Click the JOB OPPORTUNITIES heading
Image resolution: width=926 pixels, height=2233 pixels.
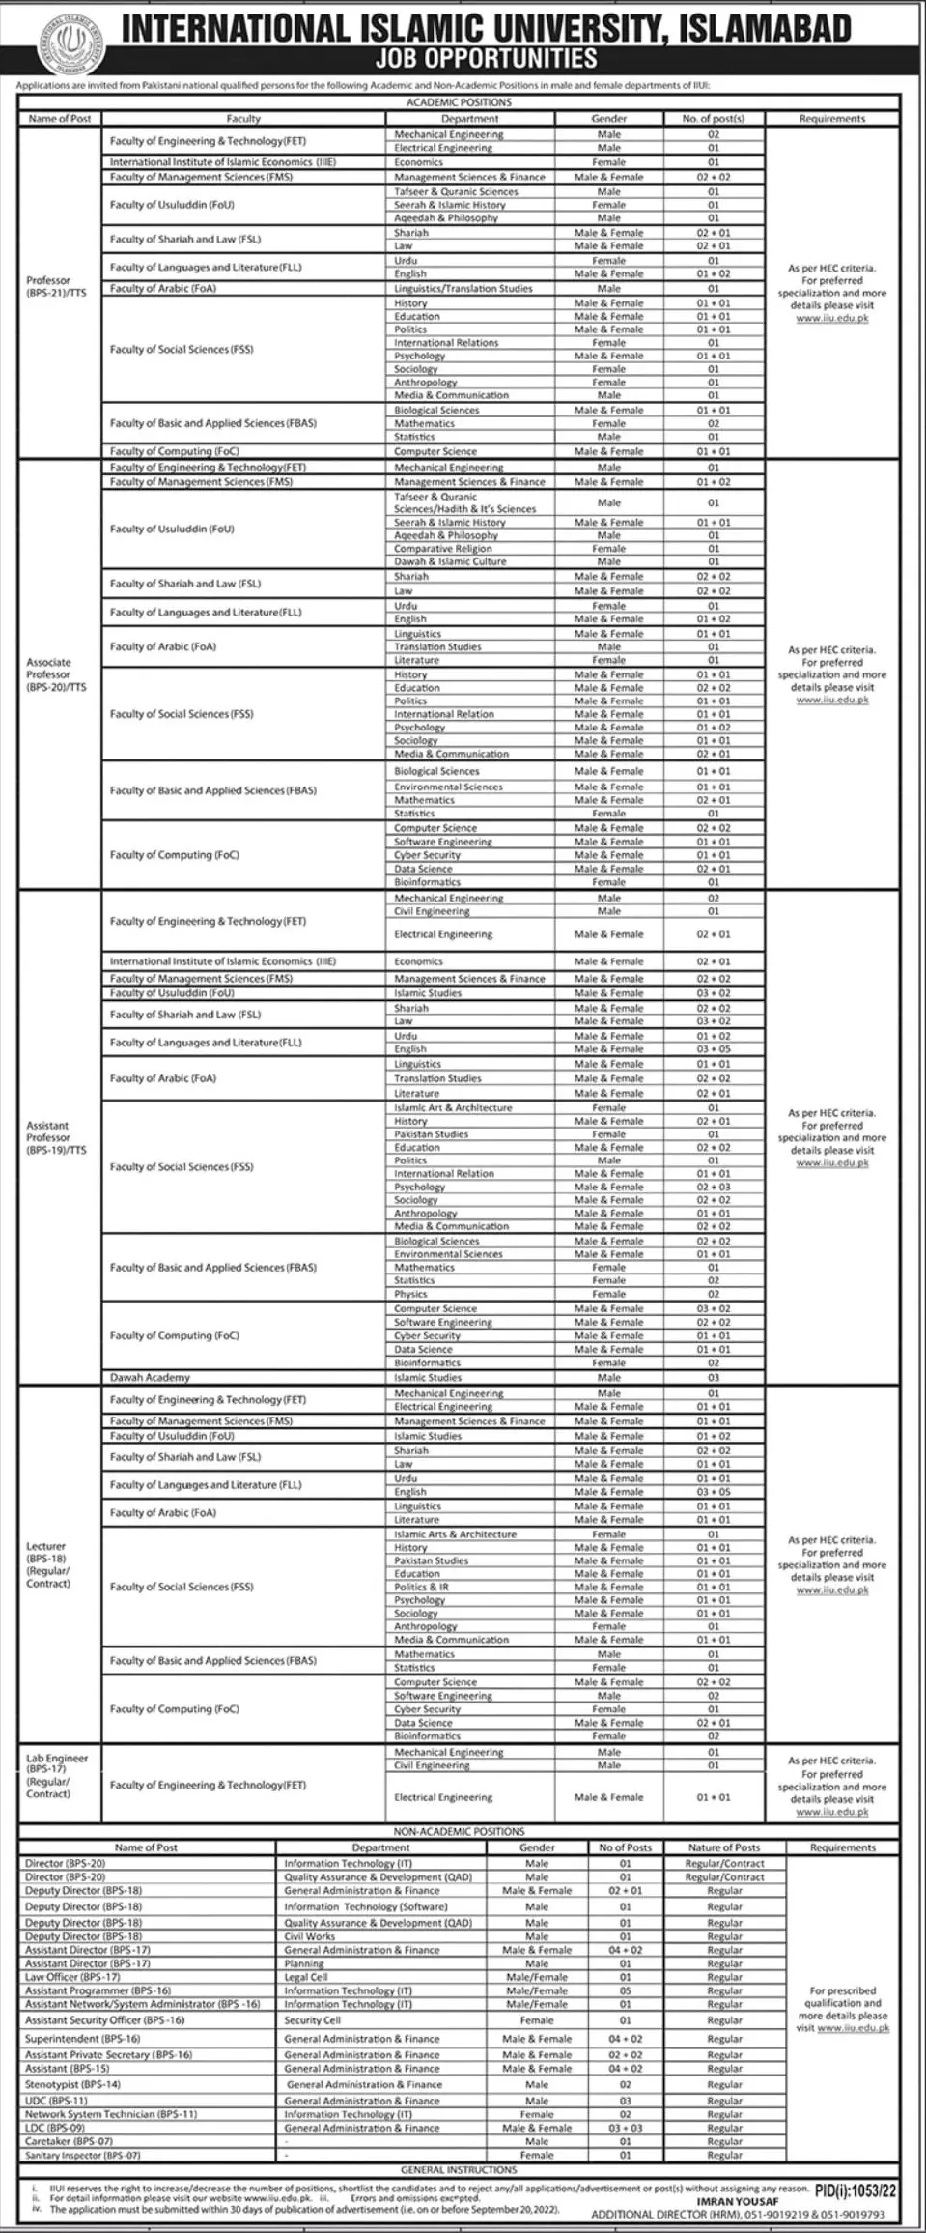[486, 59]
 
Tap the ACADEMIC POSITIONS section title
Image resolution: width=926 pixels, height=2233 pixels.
[459, 102]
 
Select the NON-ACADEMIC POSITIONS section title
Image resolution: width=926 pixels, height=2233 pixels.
[459, 1831]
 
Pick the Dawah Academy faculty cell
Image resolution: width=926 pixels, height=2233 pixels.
[150, 1377]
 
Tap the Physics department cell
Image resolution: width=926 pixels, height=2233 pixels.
[410, 1294]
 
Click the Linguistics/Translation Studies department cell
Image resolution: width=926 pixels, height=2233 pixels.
[463, 288]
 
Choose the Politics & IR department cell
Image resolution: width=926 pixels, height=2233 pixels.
[421, 1587]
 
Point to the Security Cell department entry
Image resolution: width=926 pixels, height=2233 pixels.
[312, 2020]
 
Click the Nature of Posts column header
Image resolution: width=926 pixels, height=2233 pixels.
[723, 1847]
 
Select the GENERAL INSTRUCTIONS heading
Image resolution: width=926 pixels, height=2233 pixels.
[459, 2169]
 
